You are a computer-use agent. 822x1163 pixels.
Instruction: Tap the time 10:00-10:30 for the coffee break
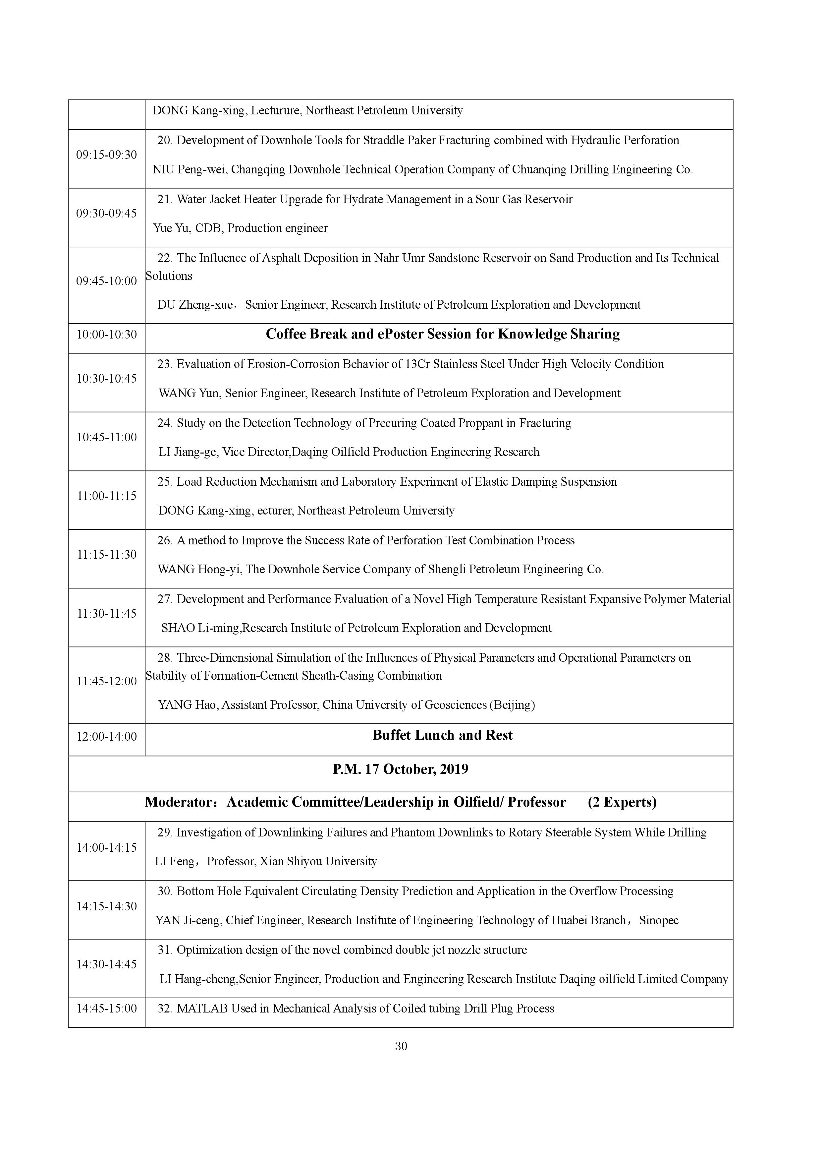pyautogui.click(x=106, y=334)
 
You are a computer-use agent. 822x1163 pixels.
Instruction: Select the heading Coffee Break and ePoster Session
pyautogui.click(x=442, y=334)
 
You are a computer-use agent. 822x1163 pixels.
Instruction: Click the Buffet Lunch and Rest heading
pyautogui.click(x=442, y=735)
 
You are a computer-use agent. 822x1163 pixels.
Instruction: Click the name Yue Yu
pyautogui.click(x=171, y=228)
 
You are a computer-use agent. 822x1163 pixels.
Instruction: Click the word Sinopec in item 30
pyautogui.click(x=659, y=920)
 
